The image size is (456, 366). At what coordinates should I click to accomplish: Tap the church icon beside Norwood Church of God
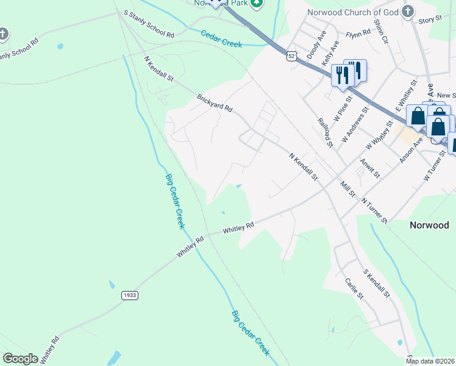coord(408,11)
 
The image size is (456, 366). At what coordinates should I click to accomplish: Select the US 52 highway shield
coord(292,56)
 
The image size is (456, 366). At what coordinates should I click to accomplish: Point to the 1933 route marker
coord(130,295)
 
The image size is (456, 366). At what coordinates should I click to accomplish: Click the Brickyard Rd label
coord(215,102)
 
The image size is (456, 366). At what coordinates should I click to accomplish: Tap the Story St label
coord(430,20)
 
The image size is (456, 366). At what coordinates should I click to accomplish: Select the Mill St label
coord(348,189)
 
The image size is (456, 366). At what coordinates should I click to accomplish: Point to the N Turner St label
coord(374,210)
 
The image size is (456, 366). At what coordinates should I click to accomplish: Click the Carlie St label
coord(354,288)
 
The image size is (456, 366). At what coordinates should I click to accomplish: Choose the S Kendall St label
coord(376,284)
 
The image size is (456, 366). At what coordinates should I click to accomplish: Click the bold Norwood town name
coord(429,225)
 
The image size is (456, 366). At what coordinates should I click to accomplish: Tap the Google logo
coord(20,359)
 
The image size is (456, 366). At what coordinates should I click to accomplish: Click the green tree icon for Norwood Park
coord(257,3)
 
